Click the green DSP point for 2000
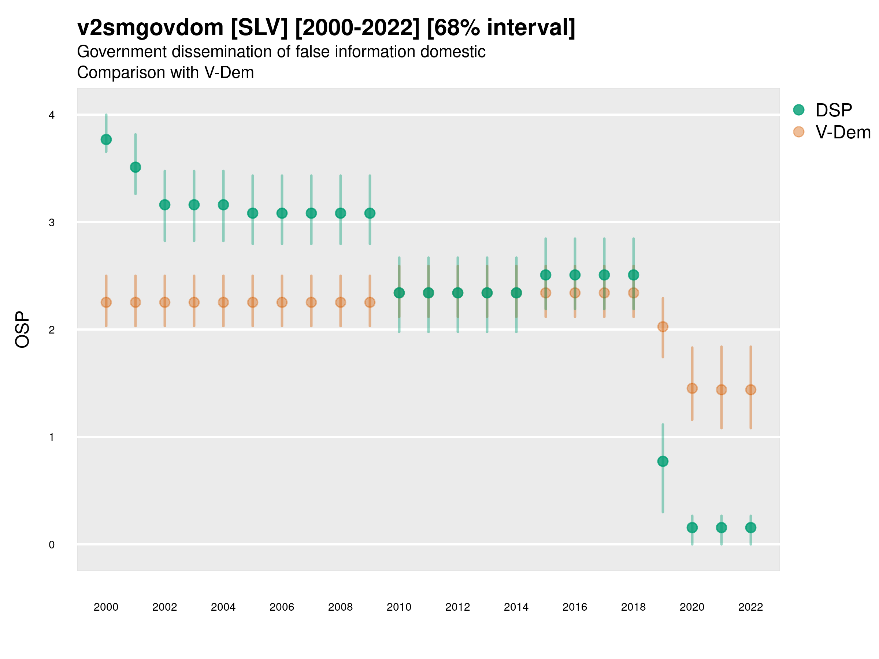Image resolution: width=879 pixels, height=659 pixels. [x=106, y=139]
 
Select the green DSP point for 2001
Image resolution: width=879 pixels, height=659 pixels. [x=136, y=167]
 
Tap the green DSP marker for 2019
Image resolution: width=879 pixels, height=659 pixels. [x=663, y=461]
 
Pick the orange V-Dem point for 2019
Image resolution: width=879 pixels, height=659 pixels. [x=663, y=327]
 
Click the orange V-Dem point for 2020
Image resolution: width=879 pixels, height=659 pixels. [x=692, y=388]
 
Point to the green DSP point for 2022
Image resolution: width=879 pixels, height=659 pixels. [x=751, y=528]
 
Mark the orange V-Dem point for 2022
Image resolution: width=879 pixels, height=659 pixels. [x=751, y=390]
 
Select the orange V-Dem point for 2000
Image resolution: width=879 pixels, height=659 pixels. [x=106, y=302]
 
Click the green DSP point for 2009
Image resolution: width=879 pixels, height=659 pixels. [x=370, y=213]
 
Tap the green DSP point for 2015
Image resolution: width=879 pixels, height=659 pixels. [x=546, y=275]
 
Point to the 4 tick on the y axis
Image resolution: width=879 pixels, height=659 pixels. [x=52, y=115]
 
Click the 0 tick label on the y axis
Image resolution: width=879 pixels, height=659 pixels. [x=52, y=545]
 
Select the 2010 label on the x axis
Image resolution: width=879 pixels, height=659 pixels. [x=399, y=607]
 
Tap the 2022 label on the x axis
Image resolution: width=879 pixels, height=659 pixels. [x=751, y=607]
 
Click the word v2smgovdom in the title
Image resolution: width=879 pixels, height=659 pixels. [x=150, y=28]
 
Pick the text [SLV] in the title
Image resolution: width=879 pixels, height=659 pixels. [x=259, y=28]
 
